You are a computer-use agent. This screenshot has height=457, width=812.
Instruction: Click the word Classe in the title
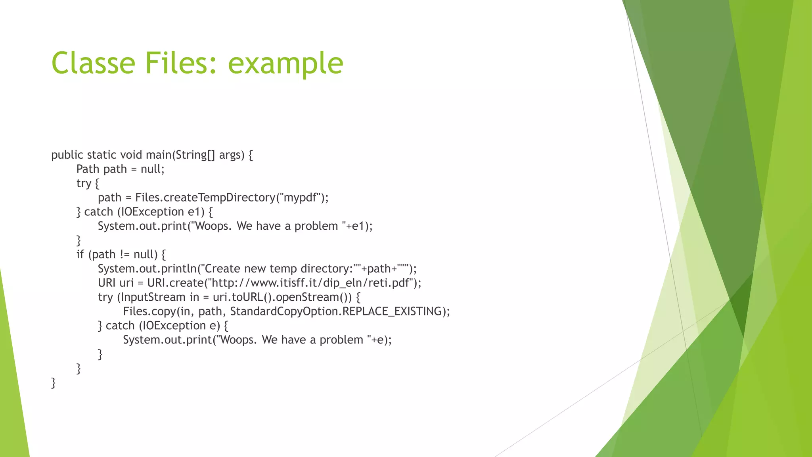pos(93,63)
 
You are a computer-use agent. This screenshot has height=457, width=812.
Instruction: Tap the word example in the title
pos(285,63)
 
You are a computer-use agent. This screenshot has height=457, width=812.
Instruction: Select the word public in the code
pos(67,155)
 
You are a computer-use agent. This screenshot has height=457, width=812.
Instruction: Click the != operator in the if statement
pos(124,254)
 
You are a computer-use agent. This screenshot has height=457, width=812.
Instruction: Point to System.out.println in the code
pos(147,269)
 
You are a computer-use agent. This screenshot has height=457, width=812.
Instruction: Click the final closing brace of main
pos(54,383)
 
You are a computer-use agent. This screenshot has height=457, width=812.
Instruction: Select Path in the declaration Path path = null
pos(88,169)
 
